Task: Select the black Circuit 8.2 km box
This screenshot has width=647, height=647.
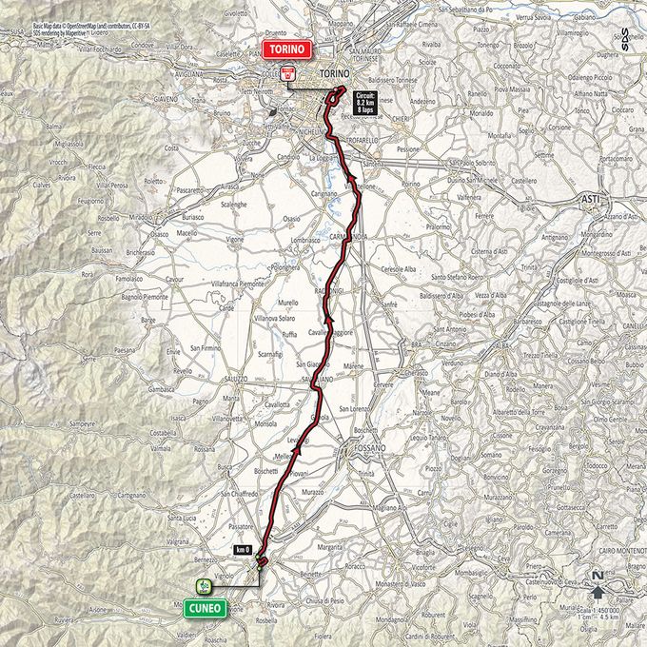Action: click(x=366, y=103)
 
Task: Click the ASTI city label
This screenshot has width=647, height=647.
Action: click(x=590, y=198)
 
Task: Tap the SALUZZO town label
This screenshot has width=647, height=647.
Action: click(x=234, y=378)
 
